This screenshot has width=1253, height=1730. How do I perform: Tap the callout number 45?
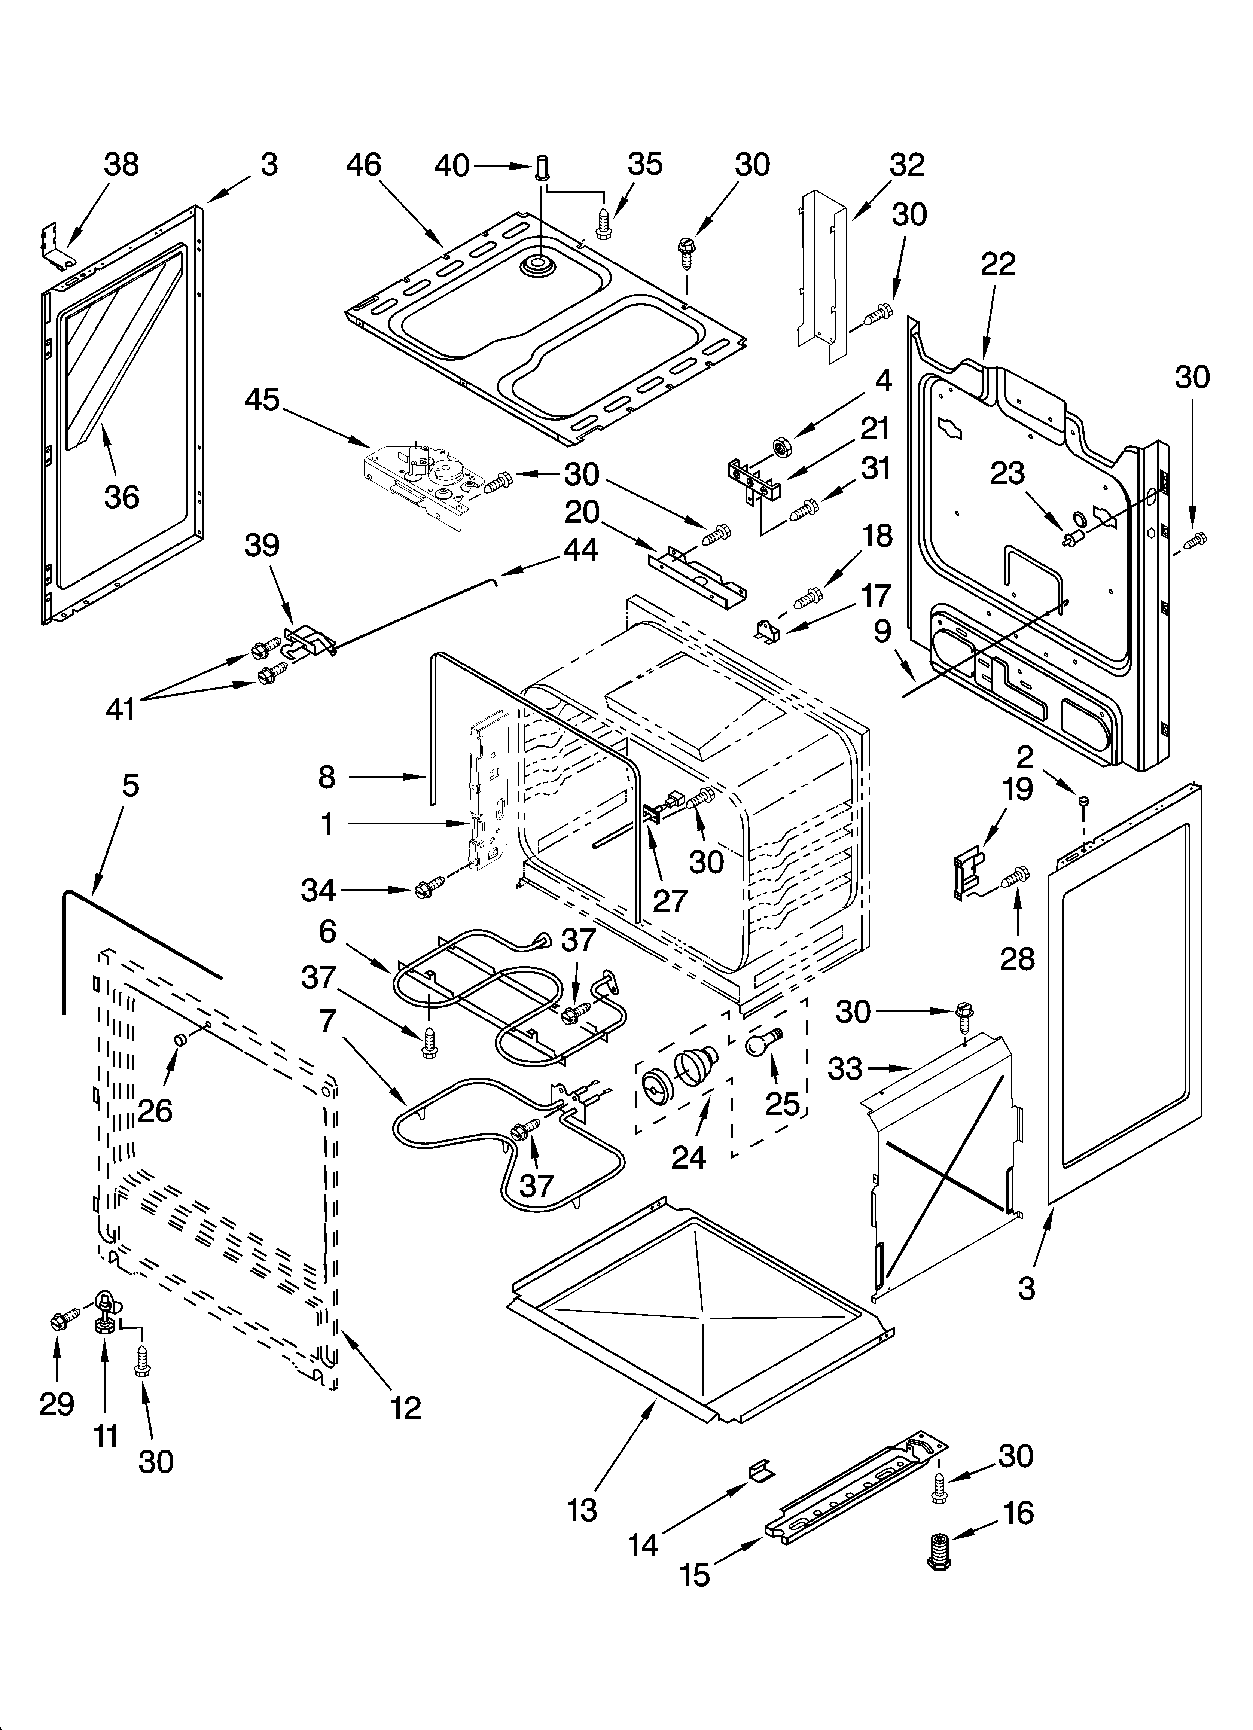click(262, 400)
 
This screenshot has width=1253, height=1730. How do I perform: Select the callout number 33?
click(845, 1070)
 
